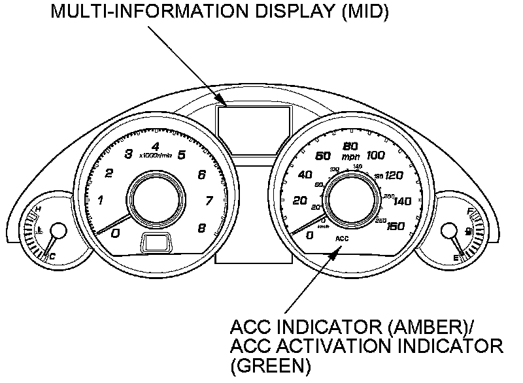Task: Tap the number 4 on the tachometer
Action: pos(155,146)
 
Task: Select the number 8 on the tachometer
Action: pos(201,228)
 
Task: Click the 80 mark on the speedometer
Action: pos(350,146)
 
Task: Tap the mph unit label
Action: pos(350,157)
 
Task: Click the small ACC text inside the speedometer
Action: pos(343,239)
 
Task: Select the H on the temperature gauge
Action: pos(38,209)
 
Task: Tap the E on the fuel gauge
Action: pos(456,259)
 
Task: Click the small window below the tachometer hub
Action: pos(156,243)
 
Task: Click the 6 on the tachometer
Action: pos(201,175)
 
